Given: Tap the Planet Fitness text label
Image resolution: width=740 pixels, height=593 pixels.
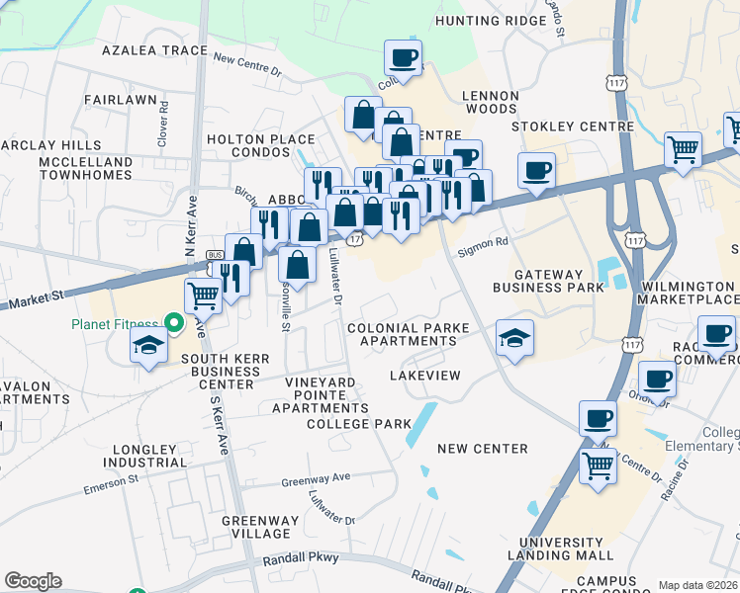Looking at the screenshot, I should (114, 324).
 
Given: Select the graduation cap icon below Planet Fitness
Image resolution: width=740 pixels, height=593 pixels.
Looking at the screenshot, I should (148, 345).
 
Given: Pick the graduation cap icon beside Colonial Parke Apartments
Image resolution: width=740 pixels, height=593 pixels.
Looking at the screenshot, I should (514, 337).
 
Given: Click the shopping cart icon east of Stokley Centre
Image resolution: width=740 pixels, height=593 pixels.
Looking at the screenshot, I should (684, 149).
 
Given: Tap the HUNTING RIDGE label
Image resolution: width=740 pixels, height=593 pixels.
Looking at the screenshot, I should (484, 19).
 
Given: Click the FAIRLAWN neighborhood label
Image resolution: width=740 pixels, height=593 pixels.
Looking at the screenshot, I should (121, 100).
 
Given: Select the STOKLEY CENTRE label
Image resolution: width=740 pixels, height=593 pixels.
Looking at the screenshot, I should (573, 127).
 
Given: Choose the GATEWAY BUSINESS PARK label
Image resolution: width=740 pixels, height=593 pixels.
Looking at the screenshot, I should (559, 279).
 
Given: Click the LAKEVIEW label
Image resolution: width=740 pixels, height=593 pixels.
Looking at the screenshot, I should (425, 377).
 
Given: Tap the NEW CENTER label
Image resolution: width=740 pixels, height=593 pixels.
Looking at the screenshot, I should (483, 449).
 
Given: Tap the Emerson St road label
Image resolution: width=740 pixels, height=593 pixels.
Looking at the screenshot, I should (111, 481).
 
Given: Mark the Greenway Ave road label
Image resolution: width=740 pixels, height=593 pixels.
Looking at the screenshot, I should (316, 478).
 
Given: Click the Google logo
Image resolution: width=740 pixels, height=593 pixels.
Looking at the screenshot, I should (33, 581).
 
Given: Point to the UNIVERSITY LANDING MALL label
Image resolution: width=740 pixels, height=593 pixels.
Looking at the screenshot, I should (561, 549).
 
